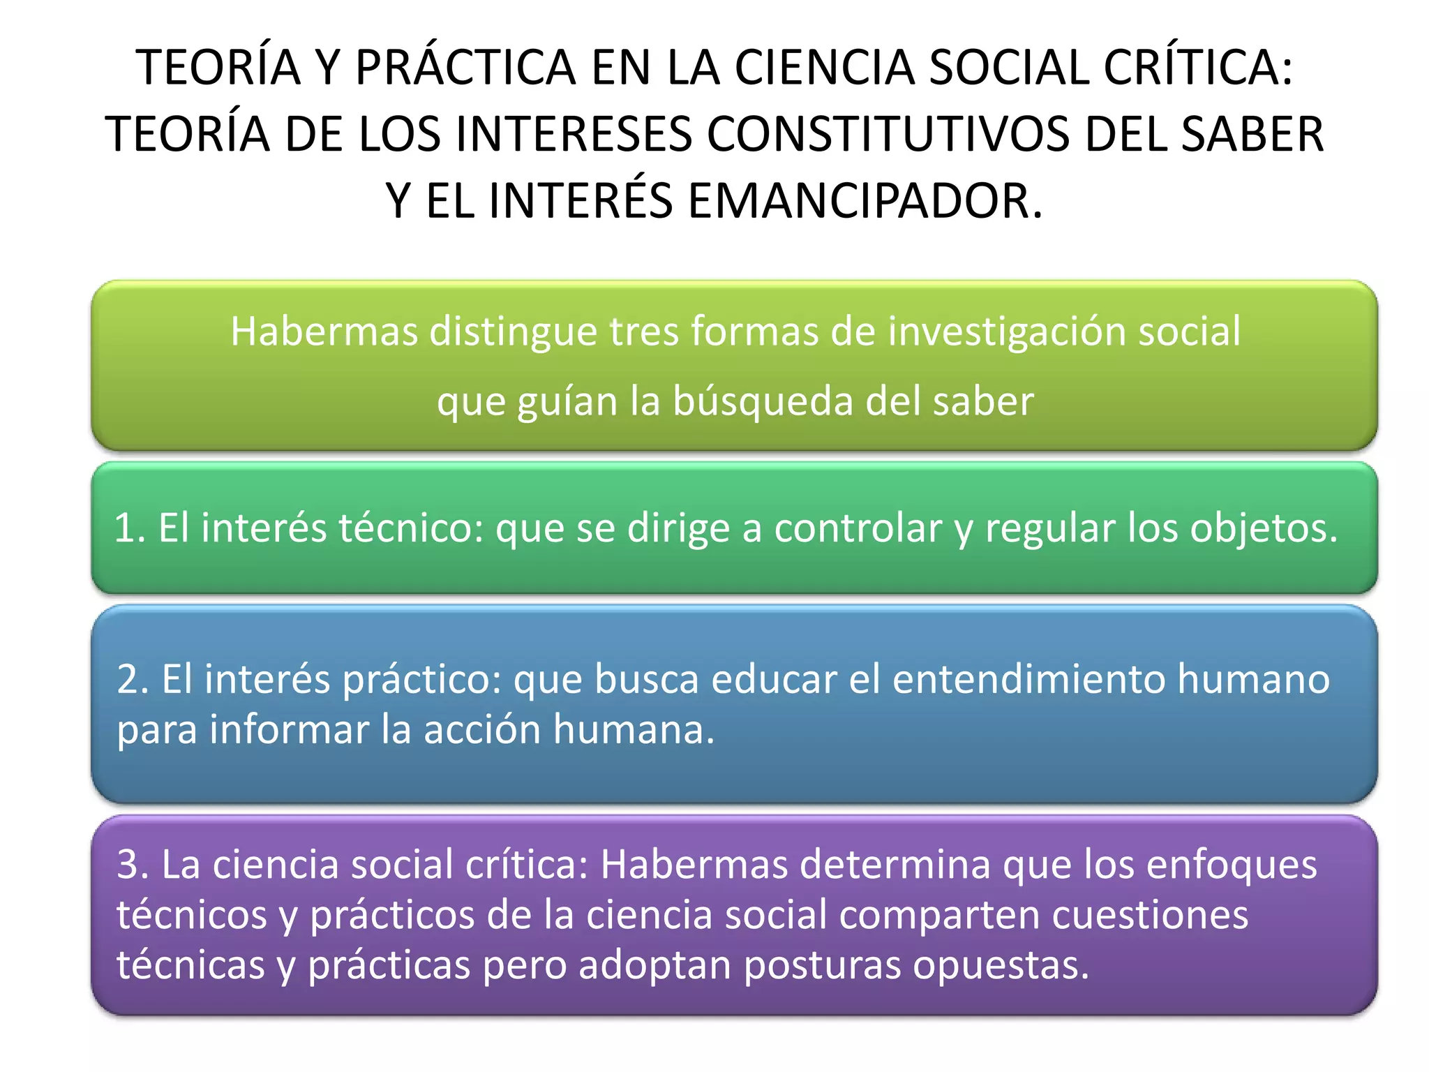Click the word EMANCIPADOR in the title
[x=865, y=201]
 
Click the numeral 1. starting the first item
[x=130, y=528]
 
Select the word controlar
[x=858, y=528]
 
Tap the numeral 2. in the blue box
[x=133, y=679]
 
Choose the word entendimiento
[x=1028, y=679]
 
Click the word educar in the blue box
[x=774, y=679]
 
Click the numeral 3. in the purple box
[x=133, y=865]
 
